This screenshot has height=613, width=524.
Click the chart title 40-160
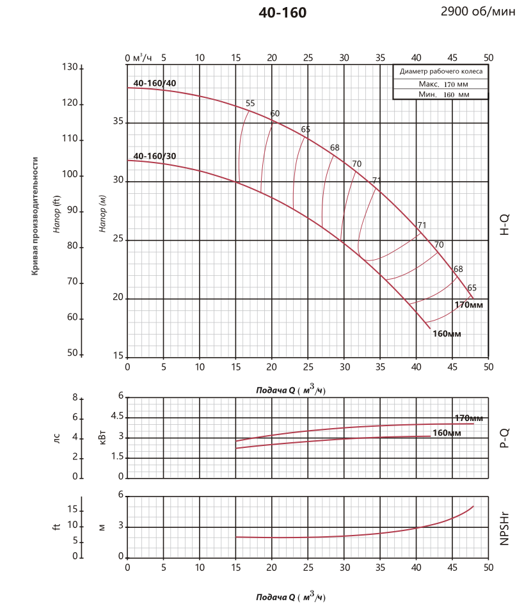[x=282, y=13]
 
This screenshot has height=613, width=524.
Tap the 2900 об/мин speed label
[x=477, y=12]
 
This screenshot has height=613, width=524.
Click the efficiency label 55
[x=250, y=104]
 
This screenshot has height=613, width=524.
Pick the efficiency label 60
[x=275, y=114]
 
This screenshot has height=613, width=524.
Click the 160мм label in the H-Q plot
[x=447, y=333]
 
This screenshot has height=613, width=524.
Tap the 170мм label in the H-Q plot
[x=468, y=305]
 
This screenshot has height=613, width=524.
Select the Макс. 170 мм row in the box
[x=441, y=84]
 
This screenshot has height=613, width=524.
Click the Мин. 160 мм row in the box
[x=441, y=94]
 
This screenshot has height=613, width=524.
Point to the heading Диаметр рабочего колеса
[x=441, y=72]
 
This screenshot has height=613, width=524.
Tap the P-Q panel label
[x=504, y=438]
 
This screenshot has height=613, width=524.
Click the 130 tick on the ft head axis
[x=69, y=67]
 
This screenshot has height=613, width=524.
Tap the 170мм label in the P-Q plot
[x=468, y=418]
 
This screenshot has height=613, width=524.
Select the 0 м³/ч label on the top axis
[x=139, y=58]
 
